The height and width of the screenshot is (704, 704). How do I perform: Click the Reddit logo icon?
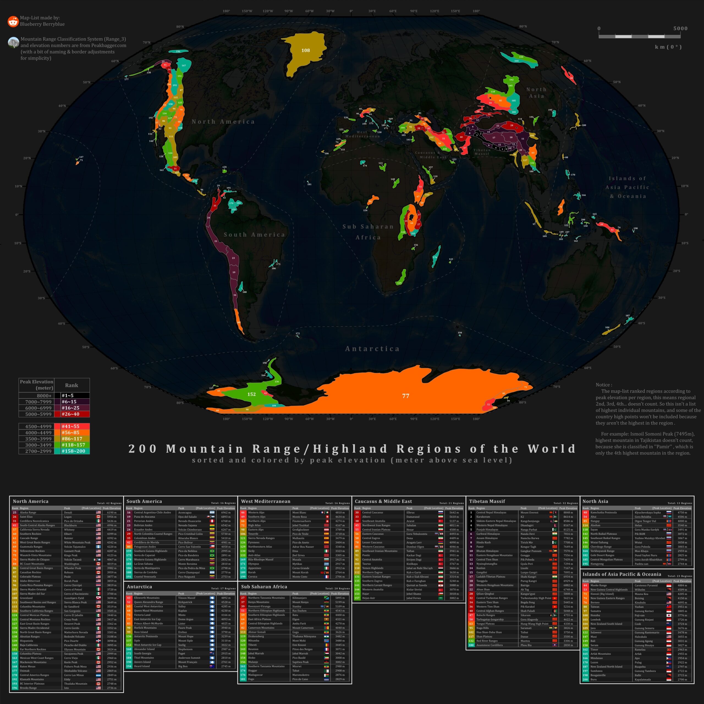pyautogui.click(x=13, y=21)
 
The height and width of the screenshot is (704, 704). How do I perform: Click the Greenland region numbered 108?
pyautogui.click(x=305, y=50)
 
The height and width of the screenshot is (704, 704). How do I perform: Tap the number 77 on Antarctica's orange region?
pyautogui.click(x=406, y=396)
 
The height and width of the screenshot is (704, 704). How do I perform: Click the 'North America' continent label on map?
pyautogui.click(x=223, y=122)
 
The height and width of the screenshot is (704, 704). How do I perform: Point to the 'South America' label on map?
pyautogui.click(x=254, y=235)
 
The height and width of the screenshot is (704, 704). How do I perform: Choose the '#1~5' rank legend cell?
pyautogui.click(x=72, y=395)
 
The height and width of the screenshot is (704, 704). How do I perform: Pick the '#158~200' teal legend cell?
pyautogui.click(x=72, y=451)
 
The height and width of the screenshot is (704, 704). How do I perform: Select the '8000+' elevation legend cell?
pyautogui.click(x=37, y=395)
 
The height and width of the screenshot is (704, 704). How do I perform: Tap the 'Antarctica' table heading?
pyautogui.click(x=139, y=587)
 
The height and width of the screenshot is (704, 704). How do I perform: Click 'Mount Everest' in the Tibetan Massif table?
pyautogui.click(x=529, y=512)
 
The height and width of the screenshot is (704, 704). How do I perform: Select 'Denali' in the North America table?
pyautogui.click(x=68, y=512)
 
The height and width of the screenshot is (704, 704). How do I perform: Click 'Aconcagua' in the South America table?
pyautogui.click(x=185, y=512)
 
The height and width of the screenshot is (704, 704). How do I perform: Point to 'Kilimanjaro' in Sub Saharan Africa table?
pyautogui.click(x=299, y=598)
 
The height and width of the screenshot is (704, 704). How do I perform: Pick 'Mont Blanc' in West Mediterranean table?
pyautogui.click(x=299, y=512)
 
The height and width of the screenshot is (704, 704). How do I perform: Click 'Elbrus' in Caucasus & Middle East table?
pyautogui.click(x=410, y=512)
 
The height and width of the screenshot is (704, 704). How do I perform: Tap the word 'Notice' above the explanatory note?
pyautogui.click(x=603, y=385)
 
